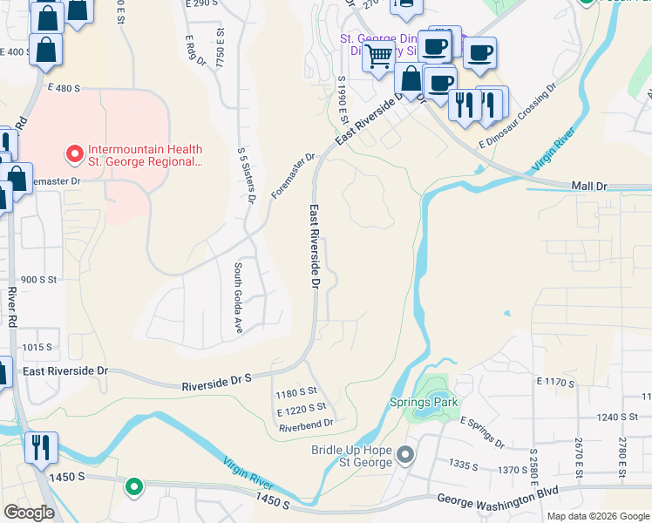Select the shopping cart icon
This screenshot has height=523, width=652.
point(378,57)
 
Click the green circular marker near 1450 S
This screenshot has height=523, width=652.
point(133,487)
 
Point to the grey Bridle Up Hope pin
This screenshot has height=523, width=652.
point(405,455)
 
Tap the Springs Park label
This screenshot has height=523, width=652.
point(423,403)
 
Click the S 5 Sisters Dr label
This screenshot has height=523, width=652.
point(245,174)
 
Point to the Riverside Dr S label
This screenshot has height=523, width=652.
point(216,382)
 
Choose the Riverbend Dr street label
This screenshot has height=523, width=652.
point(306,424)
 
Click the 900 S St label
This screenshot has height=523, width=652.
point(38,280)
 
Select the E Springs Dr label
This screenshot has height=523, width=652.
point(482,431)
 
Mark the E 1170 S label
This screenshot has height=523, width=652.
point(557,383)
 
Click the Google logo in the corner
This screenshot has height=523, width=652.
point(29,513)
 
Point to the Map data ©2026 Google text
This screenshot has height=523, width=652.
point(597,516)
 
